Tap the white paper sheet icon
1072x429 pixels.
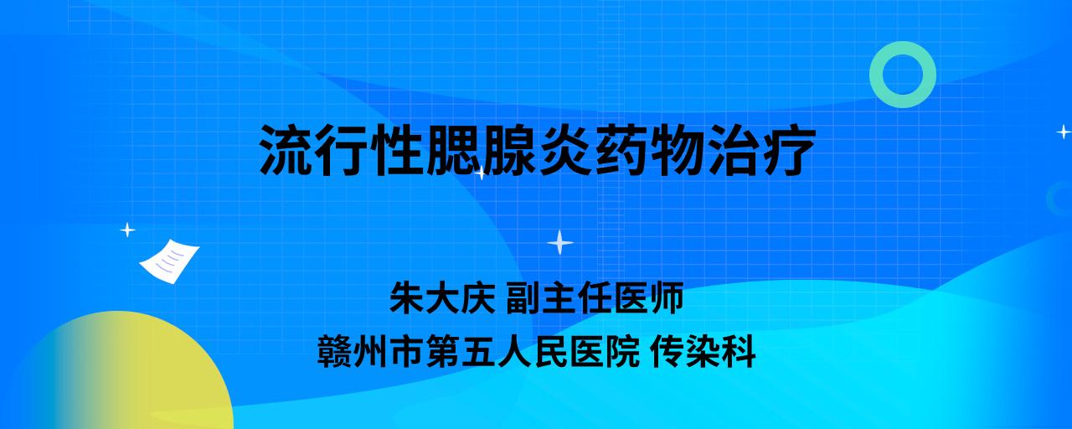pos(169,261)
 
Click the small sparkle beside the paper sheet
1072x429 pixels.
pos(127,230)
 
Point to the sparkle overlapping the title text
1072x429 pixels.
pos(481,173)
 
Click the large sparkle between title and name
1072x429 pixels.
pos(560,242)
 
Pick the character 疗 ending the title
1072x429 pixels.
pos(789,149)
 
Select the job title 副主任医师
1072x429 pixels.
pos(595,297)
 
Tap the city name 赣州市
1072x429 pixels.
pos(369,351)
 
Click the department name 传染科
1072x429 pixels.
pos(703,351)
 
